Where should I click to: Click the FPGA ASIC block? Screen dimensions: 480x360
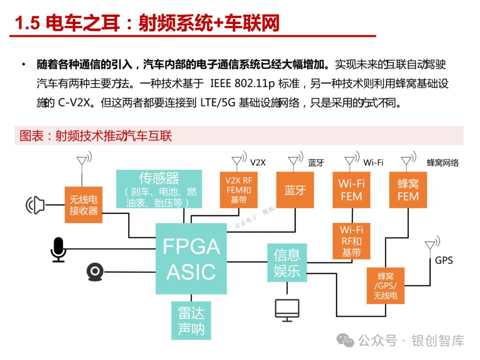coord(191,259)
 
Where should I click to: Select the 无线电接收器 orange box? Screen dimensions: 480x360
coord(83,205)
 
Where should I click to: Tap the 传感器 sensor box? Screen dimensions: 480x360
coord(159,189)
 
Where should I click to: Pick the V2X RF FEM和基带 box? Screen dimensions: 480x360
coord(239,190)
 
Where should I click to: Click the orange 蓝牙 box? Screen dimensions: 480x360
coord(295,190)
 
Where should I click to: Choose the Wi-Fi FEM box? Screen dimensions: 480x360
coord(352,190)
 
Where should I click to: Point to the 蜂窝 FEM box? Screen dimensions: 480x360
coord(408,190)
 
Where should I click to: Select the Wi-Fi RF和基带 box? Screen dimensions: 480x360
coord(352,241)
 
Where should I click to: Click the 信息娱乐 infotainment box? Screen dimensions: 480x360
coord(287,263)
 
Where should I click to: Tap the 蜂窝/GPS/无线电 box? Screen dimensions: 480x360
coord(385,286)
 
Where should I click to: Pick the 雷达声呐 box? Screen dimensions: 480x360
coord(191,320)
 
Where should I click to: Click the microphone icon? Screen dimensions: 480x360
coord(58,250)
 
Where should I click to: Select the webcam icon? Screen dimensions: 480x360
coord(95,272)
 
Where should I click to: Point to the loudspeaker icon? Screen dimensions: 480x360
coord(35,205)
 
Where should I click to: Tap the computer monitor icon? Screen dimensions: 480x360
coord(287,310)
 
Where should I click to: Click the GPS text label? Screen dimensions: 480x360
coord(444,260)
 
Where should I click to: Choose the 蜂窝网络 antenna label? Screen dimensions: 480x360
coord(443,163)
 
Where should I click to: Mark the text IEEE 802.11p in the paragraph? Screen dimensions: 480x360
coord(242,83)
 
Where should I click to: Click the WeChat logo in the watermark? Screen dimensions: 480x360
coord(345,340)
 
